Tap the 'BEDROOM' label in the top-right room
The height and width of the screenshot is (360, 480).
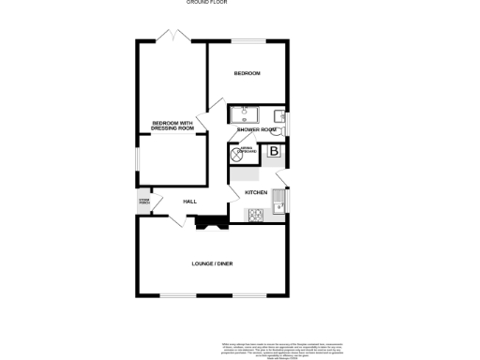(x=247, y=73)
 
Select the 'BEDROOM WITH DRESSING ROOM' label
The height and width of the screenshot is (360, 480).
(x=172, y=125)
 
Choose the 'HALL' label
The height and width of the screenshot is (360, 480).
(x=189, y=202)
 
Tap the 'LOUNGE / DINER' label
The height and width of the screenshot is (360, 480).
(x=213, y=264)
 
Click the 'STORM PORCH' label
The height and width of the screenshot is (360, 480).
(x=145, y=201)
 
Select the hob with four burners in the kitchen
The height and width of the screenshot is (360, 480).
(x=257, y=214)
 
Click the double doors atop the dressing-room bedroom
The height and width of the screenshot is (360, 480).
(x=172, y=36)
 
